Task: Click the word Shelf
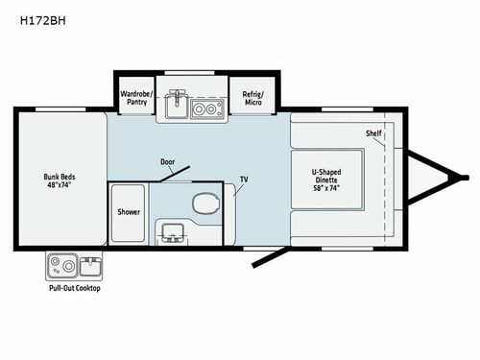(372, 132)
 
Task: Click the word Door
(168, 163)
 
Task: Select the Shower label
(129, 211)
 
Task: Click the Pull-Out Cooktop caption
(74, 288)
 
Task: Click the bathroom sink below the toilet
(173, 231)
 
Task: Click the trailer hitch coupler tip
(464, 178)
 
